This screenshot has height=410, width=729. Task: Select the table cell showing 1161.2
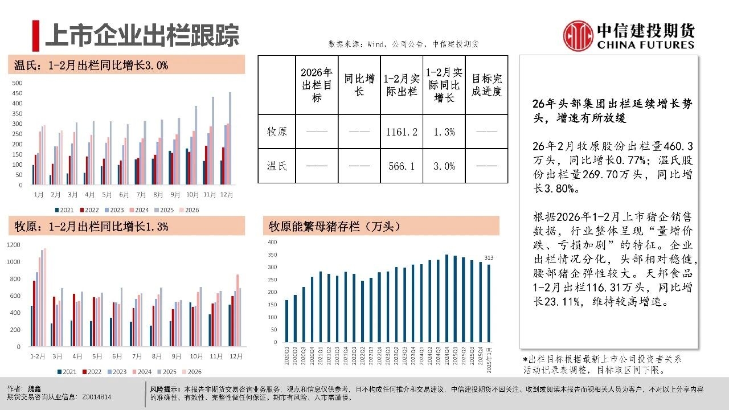pyautogui.click(x=402, y=132)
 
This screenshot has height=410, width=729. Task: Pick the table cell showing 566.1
pyautogui.click(x=402, y=166)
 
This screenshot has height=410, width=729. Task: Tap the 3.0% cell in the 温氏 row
pyautogui.click(x=444, y=166)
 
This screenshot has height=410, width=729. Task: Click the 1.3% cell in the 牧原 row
pyautogui.click(x=444, y=132)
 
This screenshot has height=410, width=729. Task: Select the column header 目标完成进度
pyautogui.click(x=486, y=85)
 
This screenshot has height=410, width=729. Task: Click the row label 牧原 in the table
pyautogui.click(x=277, y=132)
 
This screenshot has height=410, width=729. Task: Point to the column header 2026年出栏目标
pyautogui.click(x=317, y=85)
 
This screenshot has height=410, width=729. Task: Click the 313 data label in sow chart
pyautogui.click(x=489, y=258)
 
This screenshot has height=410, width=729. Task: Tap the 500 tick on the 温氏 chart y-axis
pyautogui.click(x=18, y=83)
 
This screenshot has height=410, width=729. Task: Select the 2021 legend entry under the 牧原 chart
pyautogui.click(x=67, y=372)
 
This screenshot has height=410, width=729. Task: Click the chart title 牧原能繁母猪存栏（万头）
pyautogui.click(x=336, y=226)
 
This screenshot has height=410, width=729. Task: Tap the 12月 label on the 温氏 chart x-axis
pyautogui.click(x=227, y=195)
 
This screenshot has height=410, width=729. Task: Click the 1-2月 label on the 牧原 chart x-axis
pyautogui.click(x=38, y=356)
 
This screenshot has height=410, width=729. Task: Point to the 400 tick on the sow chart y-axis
pyautogui.click(x=272, y=242)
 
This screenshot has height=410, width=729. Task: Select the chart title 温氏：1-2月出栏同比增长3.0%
pyautogui.click(x=91, y=65)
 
